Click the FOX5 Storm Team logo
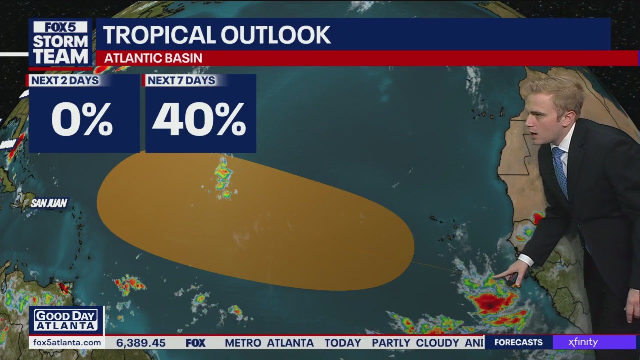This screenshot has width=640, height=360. (x=60, y=43)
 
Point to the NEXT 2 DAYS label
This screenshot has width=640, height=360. (x=65, y=81)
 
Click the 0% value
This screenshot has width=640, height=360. (x=82, y=120)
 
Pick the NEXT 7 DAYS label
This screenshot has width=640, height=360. (x=181, y=81)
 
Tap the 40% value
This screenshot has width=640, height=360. (x=199, y=120)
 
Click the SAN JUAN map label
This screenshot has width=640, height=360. (x=49, y=203)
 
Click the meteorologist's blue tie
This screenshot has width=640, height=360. (x=560, y=170)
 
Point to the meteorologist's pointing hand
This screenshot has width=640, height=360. (x=514, y=275)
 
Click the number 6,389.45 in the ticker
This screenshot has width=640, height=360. (x=141, y=343)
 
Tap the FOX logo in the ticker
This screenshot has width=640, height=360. (x=195, y=343)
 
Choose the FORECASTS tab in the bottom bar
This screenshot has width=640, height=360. (x=518, y=343)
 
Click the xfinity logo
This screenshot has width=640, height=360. (x=583, y=343)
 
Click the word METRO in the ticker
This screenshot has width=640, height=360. (x=243, y=343)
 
